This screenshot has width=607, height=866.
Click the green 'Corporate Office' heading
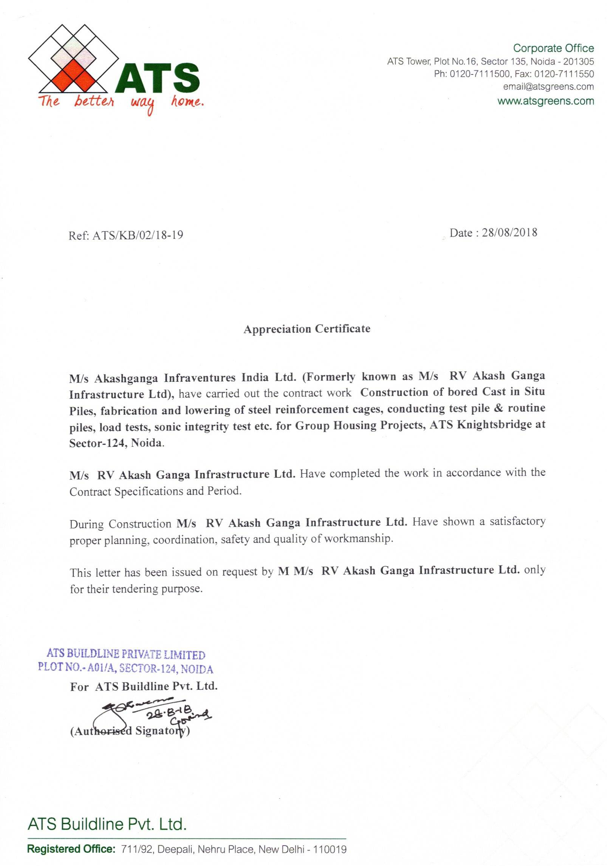pos(553,48)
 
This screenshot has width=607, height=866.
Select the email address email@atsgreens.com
pos(548,87)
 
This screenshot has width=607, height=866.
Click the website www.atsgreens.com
pos(545,101)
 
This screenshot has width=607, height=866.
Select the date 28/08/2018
pos(509,232)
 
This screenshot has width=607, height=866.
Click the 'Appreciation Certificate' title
pos(307,329)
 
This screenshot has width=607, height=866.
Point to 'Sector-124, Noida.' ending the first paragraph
pos(116,443)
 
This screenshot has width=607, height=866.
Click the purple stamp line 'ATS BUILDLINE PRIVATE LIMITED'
pos(125,654)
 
